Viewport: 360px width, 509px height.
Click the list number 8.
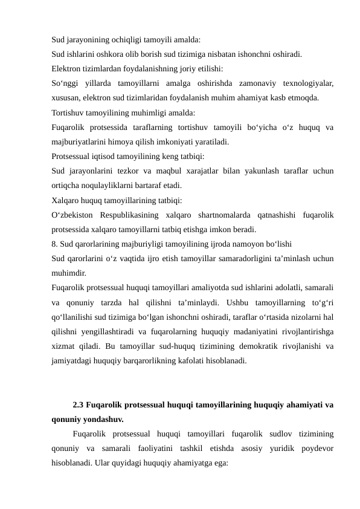pyautogui.click(x=54, y=244)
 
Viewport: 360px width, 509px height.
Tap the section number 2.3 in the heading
pyautogui.click(x=79, y=404)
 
